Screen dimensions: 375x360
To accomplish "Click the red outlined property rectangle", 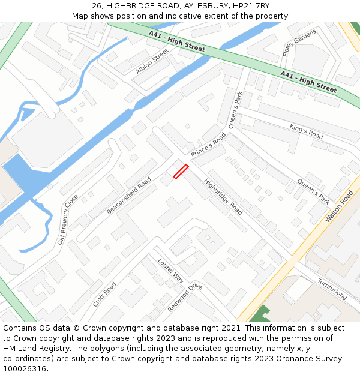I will pyautogui.click(x=181, y=172).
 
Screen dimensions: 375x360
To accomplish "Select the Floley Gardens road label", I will pyautogui.click(x=290, y=43).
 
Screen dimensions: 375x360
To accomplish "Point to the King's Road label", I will pyautogui.click(x=306, y=131).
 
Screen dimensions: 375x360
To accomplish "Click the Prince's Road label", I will pyautogui.click(x=208, y=145).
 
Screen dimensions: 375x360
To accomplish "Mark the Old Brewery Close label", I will pyautogui.click(x=68, y=220).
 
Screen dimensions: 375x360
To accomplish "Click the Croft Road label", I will pyautogui.click(x=104, y=294).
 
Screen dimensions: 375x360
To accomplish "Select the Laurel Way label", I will pyautogui.click(x=171, y=270).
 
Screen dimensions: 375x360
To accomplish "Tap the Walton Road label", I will pyautogui.click(x=339, y=207).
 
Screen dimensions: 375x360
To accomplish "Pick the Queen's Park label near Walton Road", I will pyautogui.click(x=314, y=191).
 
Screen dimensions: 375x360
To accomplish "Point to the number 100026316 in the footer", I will pyautogui.click(x=25, y=368).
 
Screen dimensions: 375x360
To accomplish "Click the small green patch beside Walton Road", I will pyautogui.click(x=259, y=314).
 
